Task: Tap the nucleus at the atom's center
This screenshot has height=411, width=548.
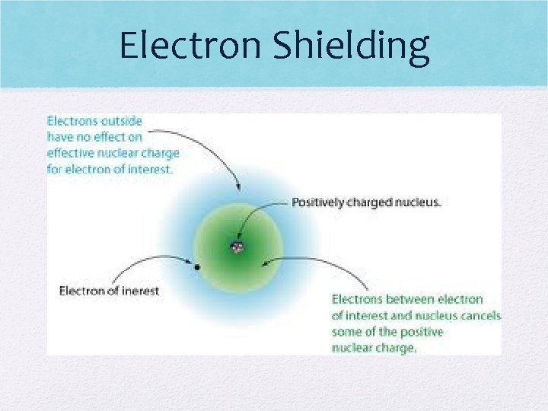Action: [x=237, y=247]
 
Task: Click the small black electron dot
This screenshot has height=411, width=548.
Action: [x=197, y=268]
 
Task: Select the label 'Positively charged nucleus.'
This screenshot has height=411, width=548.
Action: [x=366, y=202]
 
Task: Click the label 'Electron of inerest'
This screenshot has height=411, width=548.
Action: [x=109, y=291]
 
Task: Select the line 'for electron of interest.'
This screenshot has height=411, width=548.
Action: [x=110, y=169]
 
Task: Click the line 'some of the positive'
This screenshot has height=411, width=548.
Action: [x=387, y=332]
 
